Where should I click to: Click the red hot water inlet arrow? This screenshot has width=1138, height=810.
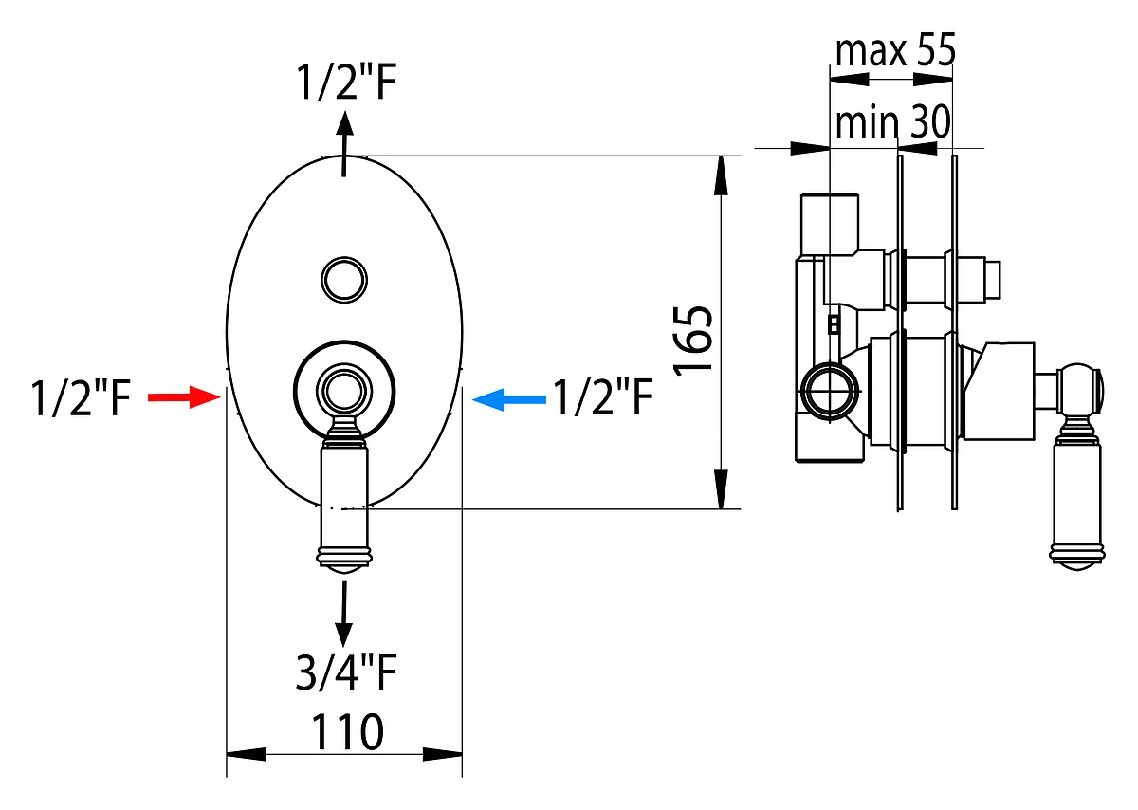coord(184,396)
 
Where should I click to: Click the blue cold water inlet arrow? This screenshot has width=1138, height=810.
coord(509,400)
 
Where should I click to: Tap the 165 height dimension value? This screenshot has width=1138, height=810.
coord(693,340)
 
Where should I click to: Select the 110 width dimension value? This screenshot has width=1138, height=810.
coord(347,731)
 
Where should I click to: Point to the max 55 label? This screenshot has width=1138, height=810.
coord(895,49)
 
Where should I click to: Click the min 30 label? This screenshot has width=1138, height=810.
coord(892,121)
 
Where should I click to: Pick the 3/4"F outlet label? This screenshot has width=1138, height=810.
coord(346,672)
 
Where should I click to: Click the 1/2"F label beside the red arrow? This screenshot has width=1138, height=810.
coord(81,397)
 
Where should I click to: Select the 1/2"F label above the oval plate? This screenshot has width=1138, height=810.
coord(346,82)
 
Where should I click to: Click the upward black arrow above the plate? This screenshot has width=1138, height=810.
coord(344,144)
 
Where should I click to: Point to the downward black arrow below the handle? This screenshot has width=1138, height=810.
coord(344,615)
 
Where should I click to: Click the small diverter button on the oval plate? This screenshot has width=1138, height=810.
coord(344,280)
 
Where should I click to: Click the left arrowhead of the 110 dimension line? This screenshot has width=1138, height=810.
coord(246,754)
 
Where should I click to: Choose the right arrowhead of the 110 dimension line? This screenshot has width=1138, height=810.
coord(443,754)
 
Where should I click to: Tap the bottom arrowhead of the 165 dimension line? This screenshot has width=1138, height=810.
coord(721,488)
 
